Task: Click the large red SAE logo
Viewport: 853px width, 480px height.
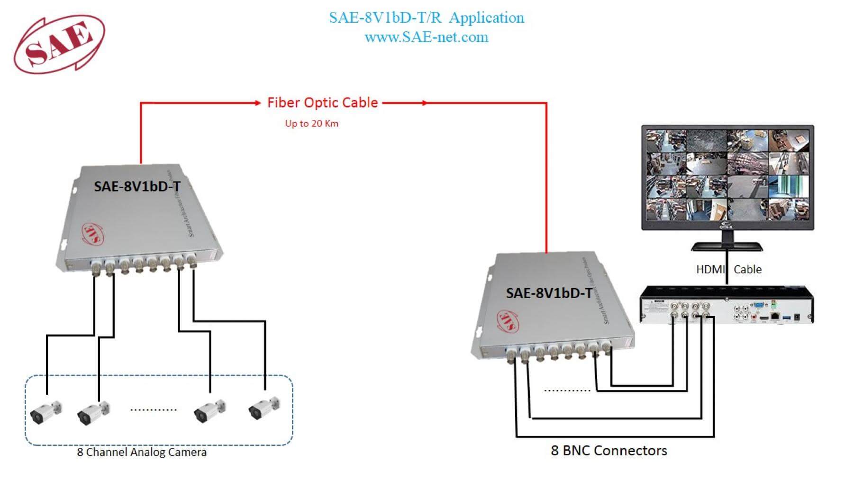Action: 59,44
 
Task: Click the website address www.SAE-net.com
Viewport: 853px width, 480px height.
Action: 426,37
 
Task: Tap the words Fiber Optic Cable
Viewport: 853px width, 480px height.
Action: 322,103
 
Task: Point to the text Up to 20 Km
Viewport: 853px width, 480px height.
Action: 311,124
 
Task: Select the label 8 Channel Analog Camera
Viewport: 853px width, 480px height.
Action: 142,453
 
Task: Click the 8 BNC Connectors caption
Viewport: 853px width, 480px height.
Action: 609,451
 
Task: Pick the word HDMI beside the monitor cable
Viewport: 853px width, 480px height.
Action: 710,270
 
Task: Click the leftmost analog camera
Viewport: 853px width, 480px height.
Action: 45,412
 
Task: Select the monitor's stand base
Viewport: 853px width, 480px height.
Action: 726,247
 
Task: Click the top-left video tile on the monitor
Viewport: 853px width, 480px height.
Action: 666,141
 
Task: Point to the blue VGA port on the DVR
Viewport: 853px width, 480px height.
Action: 758,306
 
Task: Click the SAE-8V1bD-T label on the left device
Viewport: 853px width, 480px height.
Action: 137,187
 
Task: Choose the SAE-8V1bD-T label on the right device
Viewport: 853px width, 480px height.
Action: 549,293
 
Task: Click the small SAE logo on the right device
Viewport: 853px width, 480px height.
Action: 508,321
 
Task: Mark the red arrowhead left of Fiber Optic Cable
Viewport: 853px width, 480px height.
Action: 257,103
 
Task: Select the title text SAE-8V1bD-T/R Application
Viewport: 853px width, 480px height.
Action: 426,18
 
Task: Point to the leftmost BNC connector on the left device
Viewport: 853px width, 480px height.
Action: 96,267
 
